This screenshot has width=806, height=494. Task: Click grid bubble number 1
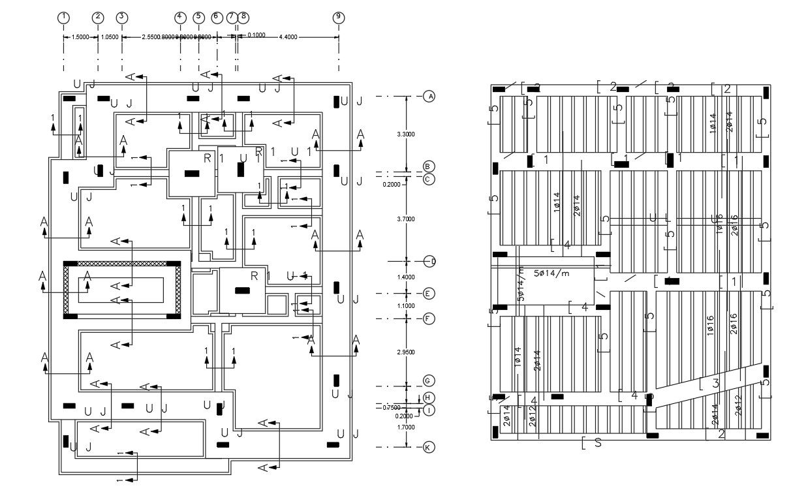(x=63, y=18)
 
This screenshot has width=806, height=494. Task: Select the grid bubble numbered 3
(x=122, y=18)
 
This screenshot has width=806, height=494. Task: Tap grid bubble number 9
(x=338, y=18)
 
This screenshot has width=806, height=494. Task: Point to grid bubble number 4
(x=180, y=18)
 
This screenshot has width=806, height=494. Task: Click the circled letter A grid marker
(x=429, y=96)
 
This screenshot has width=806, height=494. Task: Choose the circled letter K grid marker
(x=429, y=448)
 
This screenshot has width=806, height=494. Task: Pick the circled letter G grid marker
(x=429, y=380)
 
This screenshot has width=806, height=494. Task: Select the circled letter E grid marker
(x=429, y=294)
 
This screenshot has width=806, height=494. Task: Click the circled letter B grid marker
(x=429, y=166)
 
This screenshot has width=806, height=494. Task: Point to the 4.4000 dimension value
(x=288, y=37)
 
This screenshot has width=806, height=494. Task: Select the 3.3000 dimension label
(x=406, y=134)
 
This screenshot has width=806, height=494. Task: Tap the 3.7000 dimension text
(x=406, y=219)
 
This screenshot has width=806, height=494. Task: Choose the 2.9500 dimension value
(x=406, y=352)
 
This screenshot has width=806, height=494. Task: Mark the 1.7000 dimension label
(x=406, y=427)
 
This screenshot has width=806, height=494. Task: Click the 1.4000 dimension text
(x=406, y=277)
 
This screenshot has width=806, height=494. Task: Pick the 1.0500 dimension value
(x=110, y=37)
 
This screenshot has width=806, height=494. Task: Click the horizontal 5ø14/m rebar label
(x=551, y=273)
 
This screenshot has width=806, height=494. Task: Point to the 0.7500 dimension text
(x=392, y=407)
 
